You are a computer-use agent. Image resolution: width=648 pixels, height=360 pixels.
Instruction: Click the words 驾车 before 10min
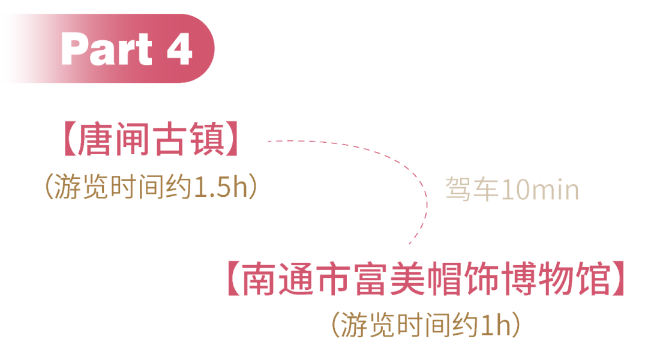[465, 190]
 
